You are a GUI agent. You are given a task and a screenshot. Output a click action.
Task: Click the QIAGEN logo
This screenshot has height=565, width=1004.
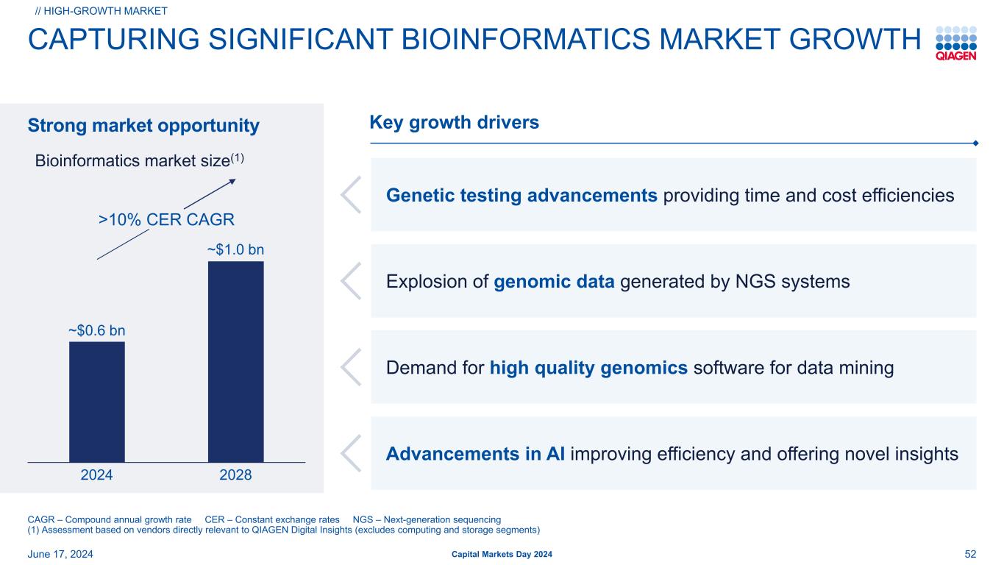coord(956,43)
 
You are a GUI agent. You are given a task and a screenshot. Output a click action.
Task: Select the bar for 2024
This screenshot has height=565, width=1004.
coord(97,402)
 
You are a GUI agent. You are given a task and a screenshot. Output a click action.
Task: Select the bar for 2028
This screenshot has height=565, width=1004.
coord(236,361)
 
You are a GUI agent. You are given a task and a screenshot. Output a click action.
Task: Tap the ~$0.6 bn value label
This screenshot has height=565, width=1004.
coord(97,330)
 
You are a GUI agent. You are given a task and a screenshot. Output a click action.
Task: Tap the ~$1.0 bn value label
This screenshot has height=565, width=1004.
coord(236,249)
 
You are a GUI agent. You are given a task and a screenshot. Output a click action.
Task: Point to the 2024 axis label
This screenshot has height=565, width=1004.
coord(97,475)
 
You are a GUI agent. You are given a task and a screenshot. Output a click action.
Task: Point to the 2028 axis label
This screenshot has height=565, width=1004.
coord(236,475)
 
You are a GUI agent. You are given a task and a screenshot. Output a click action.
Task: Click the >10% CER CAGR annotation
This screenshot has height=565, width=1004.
coord(166,219)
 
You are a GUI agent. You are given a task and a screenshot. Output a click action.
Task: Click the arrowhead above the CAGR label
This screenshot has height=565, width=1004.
coord(232,181)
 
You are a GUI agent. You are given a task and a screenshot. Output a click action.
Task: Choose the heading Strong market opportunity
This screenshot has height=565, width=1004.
coord(143,125)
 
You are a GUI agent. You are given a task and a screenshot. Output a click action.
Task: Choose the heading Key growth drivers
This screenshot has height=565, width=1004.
coord(454,122)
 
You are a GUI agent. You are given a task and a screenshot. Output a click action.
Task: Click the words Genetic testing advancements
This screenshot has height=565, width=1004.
coord(521,196)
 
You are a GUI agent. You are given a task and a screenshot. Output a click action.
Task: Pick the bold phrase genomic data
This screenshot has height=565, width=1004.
coord(554,282)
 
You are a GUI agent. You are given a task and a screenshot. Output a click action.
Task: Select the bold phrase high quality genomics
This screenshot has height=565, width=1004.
coord(588,368)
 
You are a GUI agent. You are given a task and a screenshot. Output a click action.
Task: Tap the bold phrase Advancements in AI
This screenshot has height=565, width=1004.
coord(476,454)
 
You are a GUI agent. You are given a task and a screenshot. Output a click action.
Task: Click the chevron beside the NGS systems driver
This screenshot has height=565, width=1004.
coord(351,281)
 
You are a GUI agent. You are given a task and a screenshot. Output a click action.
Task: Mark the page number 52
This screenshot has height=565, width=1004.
coord(970,554)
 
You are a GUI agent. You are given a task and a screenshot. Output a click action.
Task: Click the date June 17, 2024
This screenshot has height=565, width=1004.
coord(60,554)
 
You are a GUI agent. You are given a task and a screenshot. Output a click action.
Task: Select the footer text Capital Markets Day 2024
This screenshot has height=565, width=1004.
coord(502,554)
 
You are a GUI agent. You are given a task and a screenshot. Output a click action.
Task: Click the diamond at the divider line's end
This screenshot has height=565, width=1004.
coord(976,143)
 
